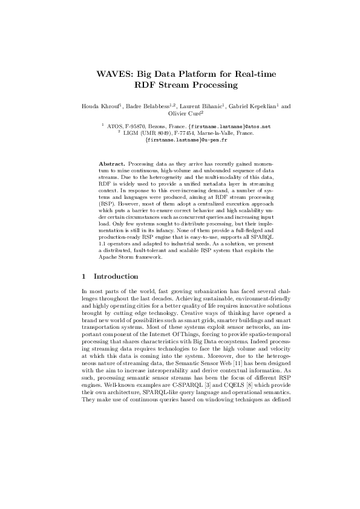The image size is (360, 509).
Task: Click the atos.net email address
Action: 235,126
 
